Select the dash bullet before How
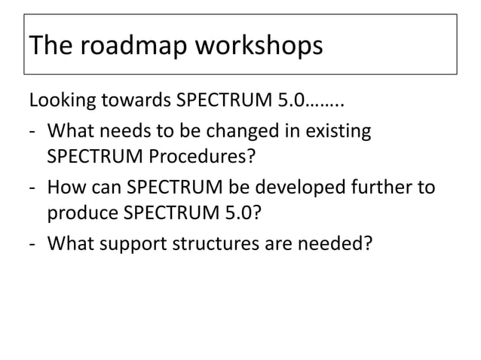point(33,187)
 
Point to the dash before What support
point(33,243)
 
